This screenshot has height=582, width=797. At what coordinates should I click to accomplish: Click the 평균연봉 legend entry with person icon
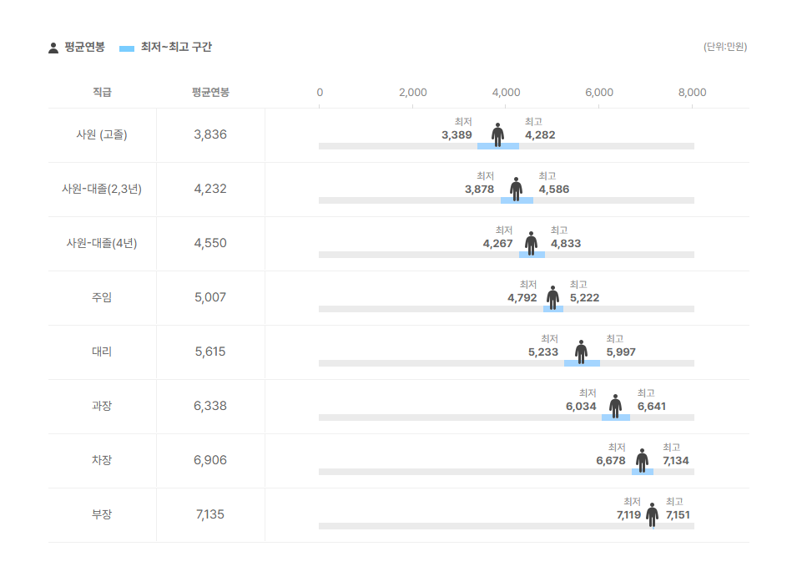tap(76, 48)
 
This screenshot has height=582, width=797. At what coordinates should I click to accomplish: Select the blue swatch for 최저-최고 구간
tap(127, 48)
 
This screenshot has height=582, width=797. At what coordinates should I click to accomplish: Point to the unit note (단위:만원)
tap(724, 47)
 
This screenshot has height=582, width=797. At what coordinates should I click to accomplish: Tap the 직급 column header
tap(102, 92)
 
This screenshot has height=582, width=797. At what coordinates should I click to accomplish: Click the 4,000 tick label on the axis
tap(506, 92)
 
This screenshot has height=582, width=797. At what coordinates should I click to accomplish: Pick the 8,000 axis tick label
tap(692, 92)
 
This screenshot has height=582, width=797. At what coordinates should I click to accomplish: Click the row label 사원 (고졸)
tap(102, 134)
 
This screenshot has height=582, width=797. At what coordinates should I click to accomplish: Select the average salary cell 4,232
tap(210, 189)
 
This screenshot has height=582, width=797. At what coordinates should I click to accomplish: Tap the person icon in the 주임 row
tap(552, 296)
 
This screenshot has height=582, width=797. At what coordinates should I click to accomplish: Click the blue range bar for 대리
tap(582, 363)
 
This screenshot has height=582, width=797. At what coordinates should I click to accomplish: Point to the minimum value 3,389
tap(457, 135)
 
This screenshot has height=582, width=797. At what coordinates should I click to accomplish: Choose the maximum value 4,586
tap(554, 190)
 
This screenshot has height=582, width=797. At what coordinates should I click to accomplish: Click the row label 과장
tap(102, 406)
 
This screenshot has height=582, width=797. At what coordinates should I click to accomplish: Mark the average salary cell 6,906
tap(210, 460)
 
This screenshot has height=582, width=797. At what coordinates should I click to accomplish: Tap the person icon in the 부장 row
tap(652, 514)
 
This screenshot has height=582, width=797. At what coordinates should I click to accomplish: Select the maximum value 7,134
tap(676, 461)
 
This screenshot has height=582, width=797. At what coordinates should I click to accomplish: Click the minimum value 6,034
tap(581, 407)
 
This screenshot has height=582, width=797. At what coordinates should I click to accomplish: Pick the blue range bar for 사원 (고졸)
tap(498, 146)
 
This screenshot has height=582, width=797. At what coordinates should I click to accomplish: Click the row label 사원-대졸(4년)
tap(102, 243)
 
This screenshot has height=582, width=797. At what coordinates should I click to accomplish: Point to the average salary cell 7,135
tap(210, 514)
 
